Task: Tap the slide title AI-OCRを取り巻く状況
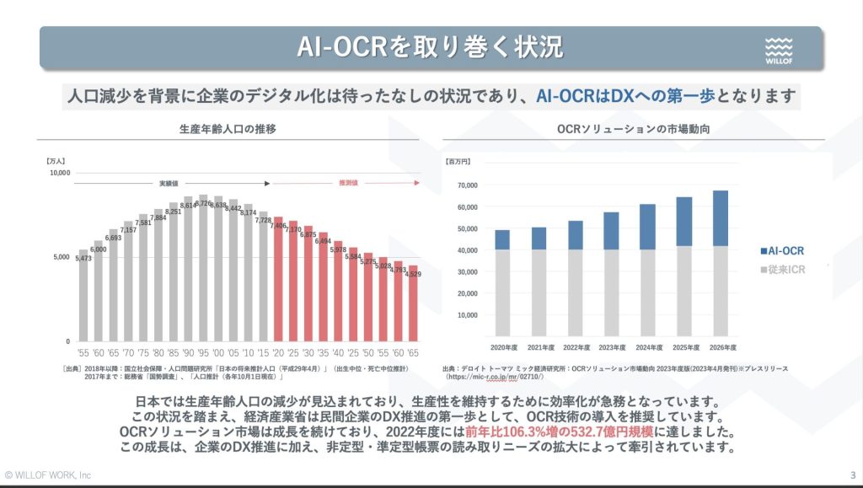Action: tap(430, 46)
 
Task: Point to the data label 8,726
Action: tap(204, 203)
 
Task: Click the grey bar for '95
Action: tap(203, 270)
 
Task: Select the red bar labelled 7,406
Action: tap(279, 282)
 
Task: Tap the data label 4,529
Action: tap(413, 274)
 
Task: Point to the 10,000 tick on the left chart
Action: tap(59, 173)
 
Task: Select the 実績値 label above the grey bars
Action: tap(167, 182)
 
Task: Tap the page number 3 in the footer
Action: tap(853, 474)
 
